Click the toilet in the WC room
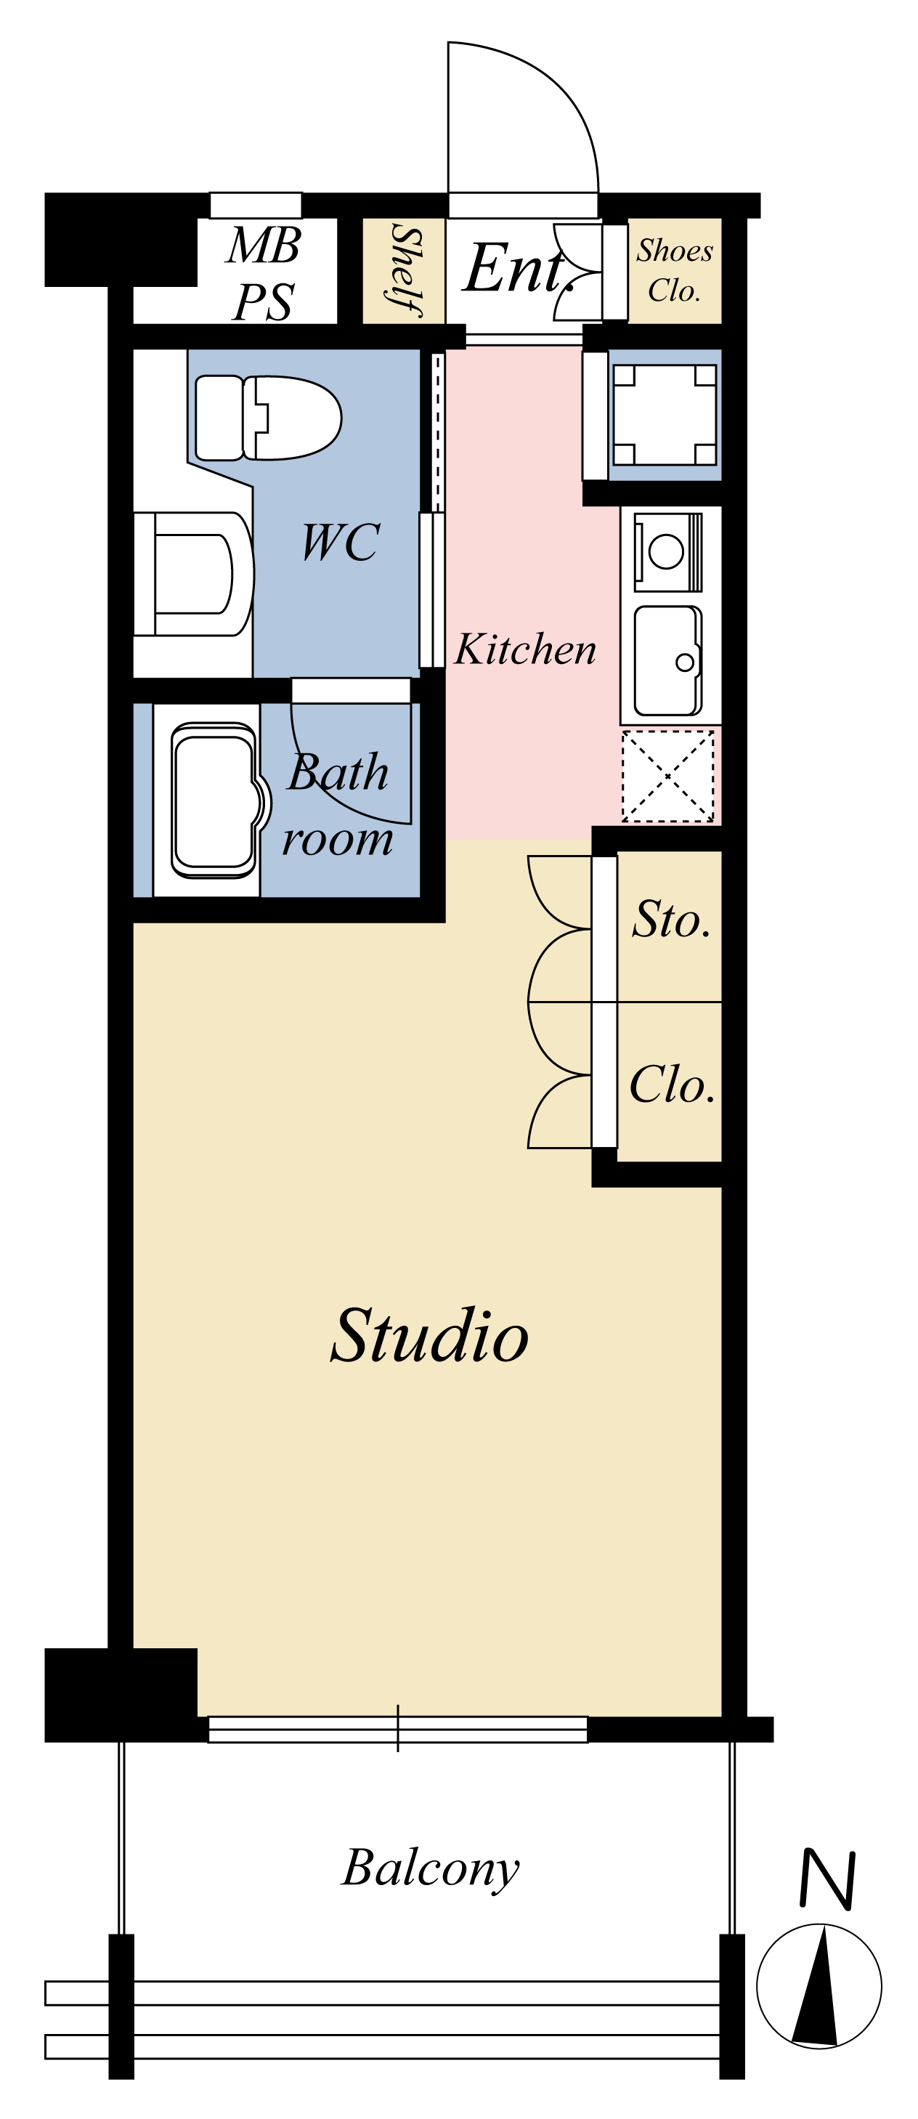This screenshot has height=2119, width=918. [268, 418]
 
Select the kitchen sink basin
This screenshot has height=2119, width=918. [668, 661]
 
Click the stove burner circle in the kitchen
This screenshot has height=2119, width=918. [665, 551]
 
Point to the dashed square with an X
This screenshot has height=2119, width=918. [667, 776]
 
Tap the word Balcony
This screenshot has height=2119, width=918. [430, 1869]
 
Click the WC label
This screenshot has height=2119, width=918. [341, 542]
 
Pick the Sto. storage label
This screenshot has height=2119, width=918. [671, 919]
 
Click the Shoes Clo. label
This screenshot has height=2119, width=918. [675, 270]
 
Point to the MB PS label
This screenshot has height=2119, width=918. [263, 273]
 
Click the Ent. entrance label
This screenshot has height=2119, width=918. [519, 268]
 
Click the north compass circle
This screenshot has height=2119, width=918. [819, 1987]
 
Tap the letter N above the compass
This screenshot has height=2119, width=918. [829, 1879]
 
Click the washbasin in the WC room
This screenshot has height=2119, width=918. [194, 574]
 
